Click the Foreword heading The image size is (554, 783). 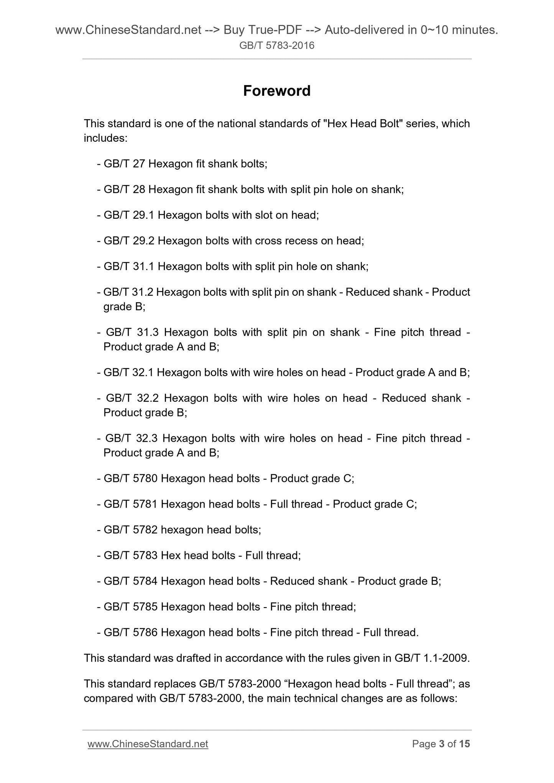(x=277, y=91)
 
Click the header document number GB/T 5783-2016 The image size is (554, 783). (x=277, y=46)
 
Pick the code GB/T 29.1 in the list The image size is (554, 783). (x=129, y=215)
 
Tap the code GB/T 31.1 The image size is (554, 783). (x=129, y=266)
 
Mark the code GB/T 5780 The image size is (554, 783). (x=131, y=478)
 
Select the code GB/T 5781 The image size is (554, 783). (x=131, y=504)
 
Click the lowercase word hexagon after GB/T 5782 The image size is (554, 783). (x=182, y=529)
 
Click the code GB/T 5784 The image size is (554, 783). (x=131, y=581)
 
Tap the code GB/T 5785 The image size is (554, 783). (x=131, y=606)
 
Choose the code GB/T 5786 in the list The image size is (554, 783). (x=131, y=632)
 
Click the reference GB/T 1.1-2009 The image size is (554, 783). (x=431, y=658)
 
